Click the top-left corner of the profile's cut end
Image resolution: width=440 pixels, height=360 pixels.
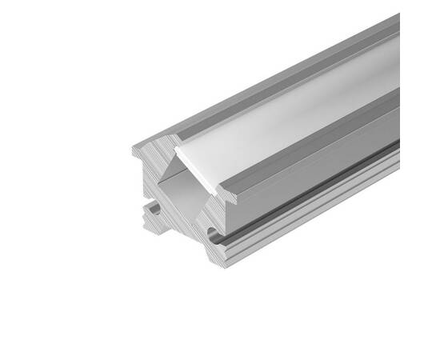click(x=133, y=149)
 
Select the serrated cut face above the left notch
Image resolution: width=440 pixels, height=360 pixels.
click(x=144, y=172)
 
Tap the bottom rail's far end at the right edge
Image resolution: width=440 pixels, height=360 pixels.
click(x=397, y=160)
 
